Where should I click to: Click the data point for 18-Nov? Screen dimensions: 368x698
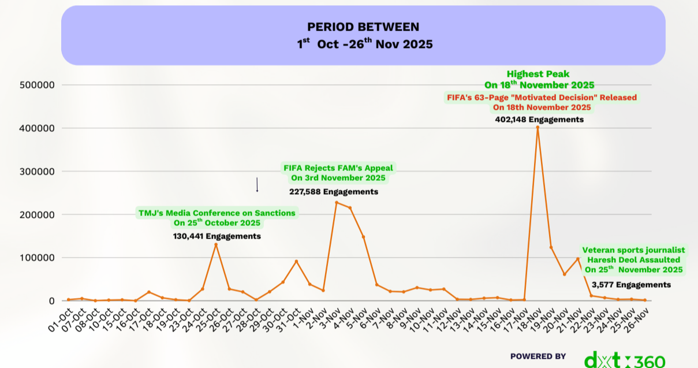click(538, 127)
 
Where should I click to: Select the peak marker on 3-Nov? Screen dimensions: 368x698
click(337, 202)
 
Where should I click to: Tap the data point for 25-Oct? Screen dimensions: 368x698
click(216, 244)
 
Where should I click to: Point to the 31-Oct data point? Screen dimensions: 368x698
click(296, 261)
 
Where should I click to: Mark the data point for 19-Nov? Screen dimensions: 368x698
click(551, 247)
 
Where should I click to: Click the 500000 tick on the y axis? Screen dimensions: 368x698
click(38, 85)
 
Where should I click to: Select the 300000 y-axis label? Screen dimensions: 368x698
click(38, 172)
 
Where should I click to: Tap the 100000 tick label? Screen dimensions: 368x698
click(38, 258)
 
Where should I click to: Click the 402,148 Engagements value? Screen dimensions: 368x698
click(539, 120)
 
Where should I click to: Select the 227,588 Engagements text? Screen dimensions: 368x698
click(334, 192)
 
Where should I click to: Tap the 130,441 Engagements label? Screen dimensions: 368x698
click(217, 236)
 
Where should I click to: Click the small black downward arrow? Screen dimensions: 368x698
click(257, 185)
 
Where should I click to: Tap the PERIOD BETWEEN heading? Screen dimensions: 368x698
click(363, 27)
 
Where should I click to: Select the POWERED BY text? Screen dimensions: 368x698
click(538, 356)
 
